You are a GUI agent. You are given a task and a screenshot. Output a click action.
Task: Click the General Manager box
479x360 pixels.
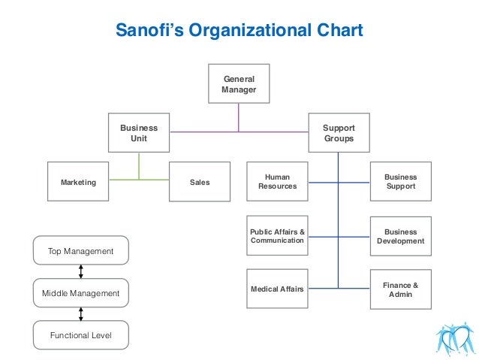[239, 84]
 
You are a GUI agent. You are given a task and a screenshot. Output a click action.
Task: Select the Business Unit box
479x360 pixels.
[139, 133]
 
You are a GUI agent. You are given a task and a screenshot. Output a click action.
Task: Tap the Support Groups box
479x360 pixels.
[339, 133]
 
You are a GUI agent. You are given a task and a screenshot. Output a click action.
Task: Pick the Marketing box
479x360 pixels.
[78, 182]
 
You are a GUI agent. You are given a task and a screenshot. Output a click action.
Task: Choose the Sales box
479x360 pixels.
[200, 182]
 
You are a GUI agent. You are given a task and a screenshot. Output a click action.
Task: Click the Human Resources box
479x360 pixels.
[277, 182]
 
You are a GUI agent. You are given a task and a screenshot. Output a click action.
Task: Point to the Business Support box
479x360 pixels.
[400, 182]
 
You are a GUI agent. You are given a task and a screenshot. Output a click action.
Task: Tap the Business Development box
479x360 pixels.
[400, 236]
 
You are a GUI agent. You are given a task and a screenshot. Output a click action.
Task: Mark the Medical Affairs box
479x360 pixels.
[277, 289]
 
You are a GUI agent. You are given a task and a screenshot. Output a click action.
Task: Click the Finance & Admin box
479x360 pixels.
[400, 289]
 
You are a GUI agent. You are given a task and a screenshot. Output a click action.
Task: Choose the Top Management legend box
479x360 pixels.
[80, 251]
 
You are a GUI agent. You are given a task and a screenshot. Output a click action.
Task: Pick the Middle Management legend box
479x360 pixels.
[80, 293]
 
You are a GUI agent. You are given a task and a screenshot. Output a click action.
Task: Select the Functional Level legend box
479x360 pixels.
[80, 335]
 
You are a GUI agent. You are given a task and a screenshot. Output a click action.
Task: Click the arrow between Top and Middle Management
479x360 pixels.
[80, 272]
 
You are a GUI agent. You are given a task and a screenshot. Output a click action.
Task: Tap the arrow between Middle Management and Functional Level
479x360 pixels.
[80, 314]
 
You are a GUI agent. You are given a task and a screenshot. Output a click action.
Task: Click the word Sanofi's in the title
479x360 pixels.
[147, 31]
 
